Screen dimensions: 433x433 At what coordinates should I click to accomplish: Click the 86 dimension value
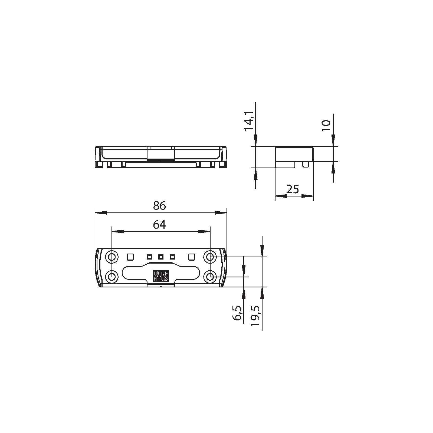(159, 206)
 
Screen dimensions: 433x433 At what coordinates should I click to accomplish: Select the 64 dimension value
(159, 225)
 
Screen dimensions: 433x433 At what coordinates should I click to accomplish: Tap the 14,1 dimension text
(249, 121)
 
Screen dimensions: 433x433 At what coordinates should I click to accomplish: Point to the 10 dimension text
(326, 126)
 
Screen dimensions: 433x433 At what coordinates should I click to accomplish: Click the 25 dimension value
(293, 189)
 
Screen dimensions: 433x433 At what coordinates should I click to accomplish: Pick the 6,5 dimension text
(237, 313)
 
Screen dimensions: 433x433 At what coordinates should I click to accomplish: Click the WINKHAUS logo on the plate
(161, 276)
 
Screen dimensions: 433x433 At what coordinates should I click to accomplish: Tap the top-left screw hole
(112, 256)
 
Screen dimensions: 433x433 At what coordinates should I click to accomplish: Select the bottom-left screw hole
(112, 277)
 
